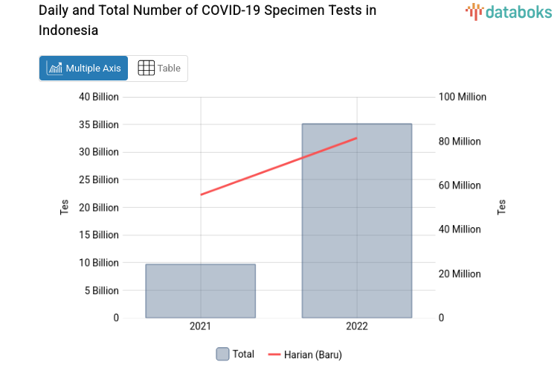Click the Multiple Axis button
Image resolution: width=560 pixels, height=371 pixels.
(x=83, y=68)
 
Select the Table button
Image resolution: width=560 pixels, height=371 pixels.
(x=159, y=68)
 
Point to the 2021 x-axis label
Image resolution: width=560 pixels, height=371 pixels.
(x=200, y=326)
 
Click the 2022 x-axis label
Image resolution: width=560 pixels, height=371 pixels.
(x=356, y=326)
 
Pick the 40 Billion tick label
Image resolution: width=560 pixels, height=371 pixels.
(x=99, y=97)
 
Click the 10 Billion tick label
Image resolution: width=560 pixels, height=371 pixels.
(x=99, y=262)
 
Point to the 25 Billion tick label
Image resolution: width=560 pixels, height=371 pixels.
(x=99, y=180)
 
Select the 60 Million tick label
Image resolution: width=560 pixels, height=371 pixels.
(x=459, y=185)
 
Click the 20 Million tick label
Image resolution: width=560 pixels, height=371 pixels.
(x=459, y=273)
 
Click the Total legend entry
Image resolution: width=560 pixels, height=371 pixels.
(x=235, y=354)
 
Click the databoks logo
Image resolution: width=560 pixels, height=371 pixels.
(x=509, y=11)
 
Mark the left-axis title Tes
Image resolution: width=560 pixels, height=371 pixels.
(x=65, y=207)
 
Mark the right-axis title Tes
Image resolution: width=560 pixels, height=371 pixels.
(x=502, y=207)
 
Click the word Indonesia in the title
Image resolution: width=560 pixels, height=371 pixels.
(x=68, y=31)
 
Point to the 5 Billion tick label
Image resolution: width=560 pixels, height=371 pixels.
(x=102, y=291)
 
